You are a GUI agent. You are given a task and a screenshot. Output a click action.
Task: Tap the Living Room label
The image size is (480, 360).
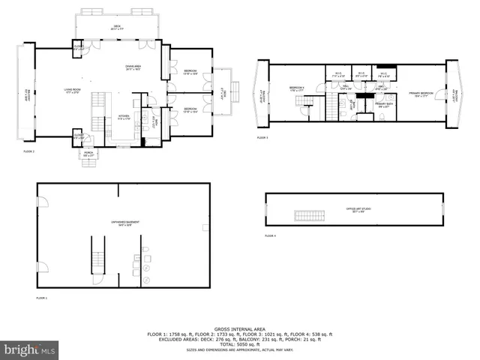[72, 91]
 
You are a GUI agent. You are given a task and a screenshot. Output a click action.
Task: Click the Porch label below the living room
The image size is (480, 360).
[88, 154]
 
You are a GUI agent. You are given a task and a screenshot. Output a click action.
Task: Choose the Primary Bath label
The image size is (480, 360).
[382, 106]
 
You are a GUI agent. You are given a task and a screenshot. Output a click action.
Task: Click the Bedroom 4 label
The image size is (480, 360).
[298, 89]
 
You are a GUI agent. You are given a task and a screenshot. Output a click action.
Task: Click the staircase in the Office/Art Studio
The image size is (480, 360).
[310, 217]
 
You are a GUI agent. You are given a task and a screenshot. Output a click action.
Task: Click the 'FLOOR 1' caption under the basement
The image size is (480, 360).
[41, 298]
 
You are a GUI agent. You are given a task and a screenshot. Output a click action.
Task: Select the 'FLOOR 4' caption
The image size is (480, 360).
[270, 236]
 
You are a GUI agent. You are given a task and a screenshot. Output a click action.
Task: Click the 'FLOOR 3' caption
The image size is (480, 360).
[262, 138]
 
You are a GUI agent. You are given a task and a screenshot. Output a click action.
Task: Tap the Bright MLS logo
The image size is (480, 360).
[30, 349]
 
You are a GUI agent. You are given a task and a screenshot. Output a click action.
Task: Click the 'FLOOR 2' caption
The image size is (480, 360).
[28, 152]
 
